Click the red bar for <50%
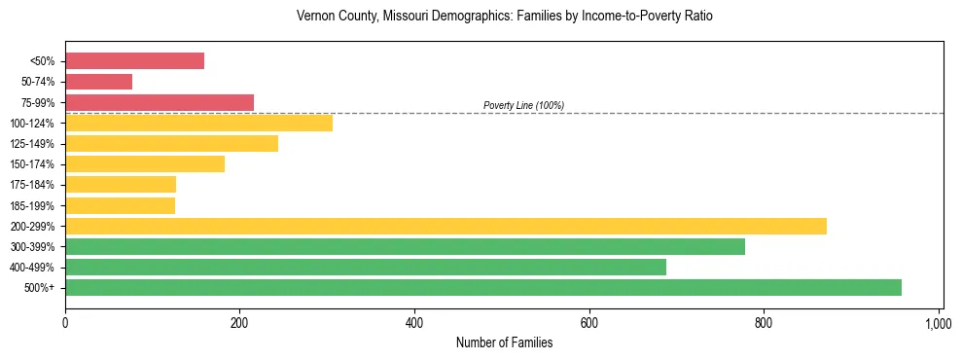(x=134, y=61)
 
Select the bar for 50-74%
(x=98, y=82)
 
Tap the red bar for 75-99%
(x=160, y=102)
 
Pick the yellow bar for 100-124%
(x=198, y=123)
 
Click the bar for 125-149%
(x=171, y=144)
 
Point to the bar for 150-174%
(x=145, y=164)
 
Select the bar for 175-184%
(x=121, y=185)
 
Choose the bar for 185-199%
(x=120, y=205)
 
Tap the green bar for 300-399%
(x=405, y=246)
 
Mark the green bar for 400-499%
(x=366, y=267)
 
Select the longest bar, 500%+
(x=483, y=287)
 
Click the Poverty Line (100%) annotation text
(x=523, y=105)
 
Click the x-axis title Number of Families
(x=504, y=342)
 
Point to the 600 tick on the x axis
(x=589, y=320)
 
